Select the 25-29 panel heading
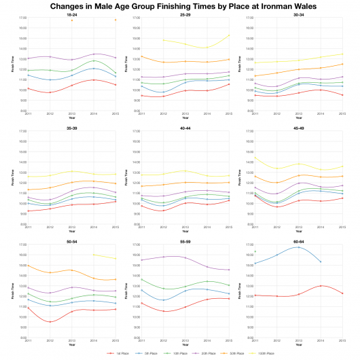click(x=185, y=14)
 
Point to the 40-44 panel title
click(x=185, y=127)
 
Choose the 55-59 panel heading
click(x=185, y=240)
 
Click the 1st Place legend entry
click(x=120, y=353)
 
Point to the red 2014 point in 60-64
click(x=321, y=286)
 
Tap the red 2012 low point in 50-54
click(x=50, y=322)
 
